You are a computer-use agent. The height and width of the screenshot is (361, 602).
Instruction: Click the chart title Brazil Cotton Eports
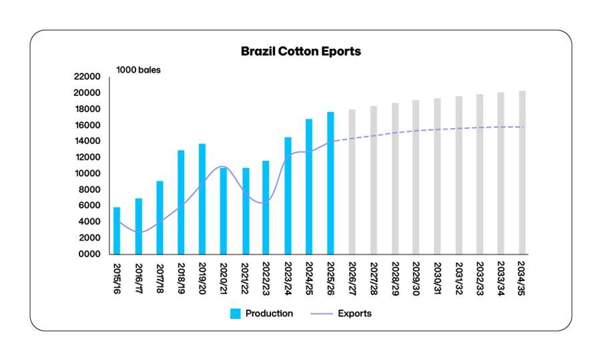(300, 51)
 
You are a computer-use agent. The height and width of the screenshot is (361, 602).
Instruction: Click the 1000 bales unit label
(139, 69)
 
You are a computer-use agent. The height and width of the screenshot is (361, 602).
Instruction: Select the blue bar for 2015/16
(117, 231)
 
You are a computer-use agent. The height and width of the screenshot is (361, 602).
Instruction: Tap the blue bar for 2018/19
(181, 202)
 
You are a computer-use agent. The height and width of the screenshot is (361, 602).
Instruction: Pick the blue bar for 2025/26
(330, 183)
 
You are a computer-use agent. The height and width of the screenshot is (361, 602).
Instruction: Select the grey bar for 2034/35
(523, 173)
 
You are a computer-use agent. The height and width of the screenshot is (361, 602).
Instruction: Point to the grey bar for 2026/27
(352, 182)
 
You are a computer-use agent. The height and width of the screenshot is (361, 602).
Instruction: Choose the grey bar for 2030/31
(437, 176)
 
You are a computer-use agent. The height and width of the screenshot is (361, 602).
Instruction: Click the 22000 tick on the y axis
(89, 77)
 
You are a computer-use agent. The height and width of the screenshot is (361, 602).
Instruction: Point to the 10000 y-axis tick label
(89, 173)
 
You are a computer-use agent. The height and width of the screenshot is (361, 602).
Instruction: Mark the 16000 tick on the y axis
(89, 125)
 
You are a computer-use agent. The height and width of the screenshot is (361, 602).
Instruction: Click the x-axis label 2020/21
(224, 278)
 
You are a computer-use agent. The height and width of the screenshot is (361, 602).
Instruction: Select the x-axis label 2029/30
(416, 278)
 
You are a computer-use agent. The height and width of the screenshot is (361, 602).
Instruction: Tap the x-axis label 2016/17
(138, 278)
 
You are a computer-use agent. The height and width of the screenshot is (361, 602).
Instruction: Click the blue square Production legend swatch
(235, 314)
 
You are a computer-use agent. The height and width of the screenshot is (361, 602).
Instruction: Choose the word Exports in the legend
(354, 314)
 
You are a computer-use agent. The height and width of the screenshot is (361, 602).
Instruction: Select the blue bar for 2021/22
(245, 211)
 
